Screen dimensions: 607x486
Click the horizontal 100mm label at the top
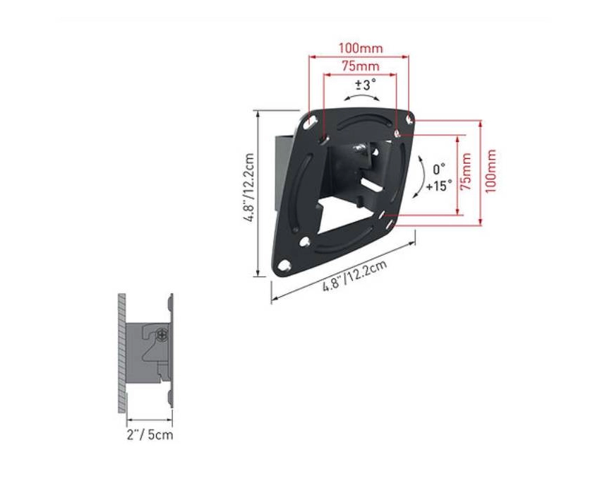click(361, 49)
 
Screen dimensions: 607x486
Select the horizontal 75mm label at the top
click(360, 66)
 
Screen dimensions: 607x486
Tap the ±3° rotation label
click(366, 84)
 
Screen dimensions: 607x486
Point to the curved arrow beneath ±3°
click(362, 97)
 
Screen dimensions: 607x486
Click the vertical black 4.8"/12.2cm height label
click(248, 188)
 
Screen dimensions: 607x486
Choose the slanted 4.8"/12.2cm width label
click(354, 276)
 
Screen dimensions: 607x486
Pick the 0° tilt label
click(438, 169)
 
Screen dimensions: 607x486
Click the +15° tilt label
click(439, 186)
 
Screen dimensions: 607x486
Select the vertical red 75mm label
click(466, 172)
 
